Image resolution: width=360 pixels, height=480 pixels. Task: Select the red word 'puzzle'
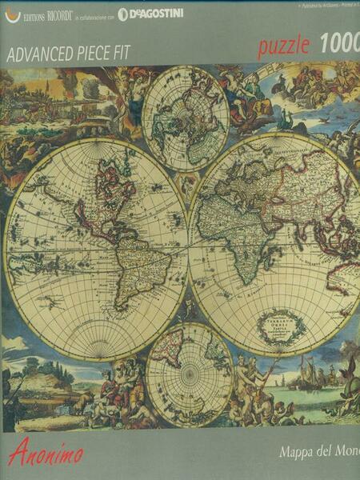pyautogui.click(x=283, y=46)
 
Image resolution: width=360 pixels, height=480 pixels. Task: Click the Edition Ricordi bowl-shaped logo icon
pyautogui.click(x=11, y=14)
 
